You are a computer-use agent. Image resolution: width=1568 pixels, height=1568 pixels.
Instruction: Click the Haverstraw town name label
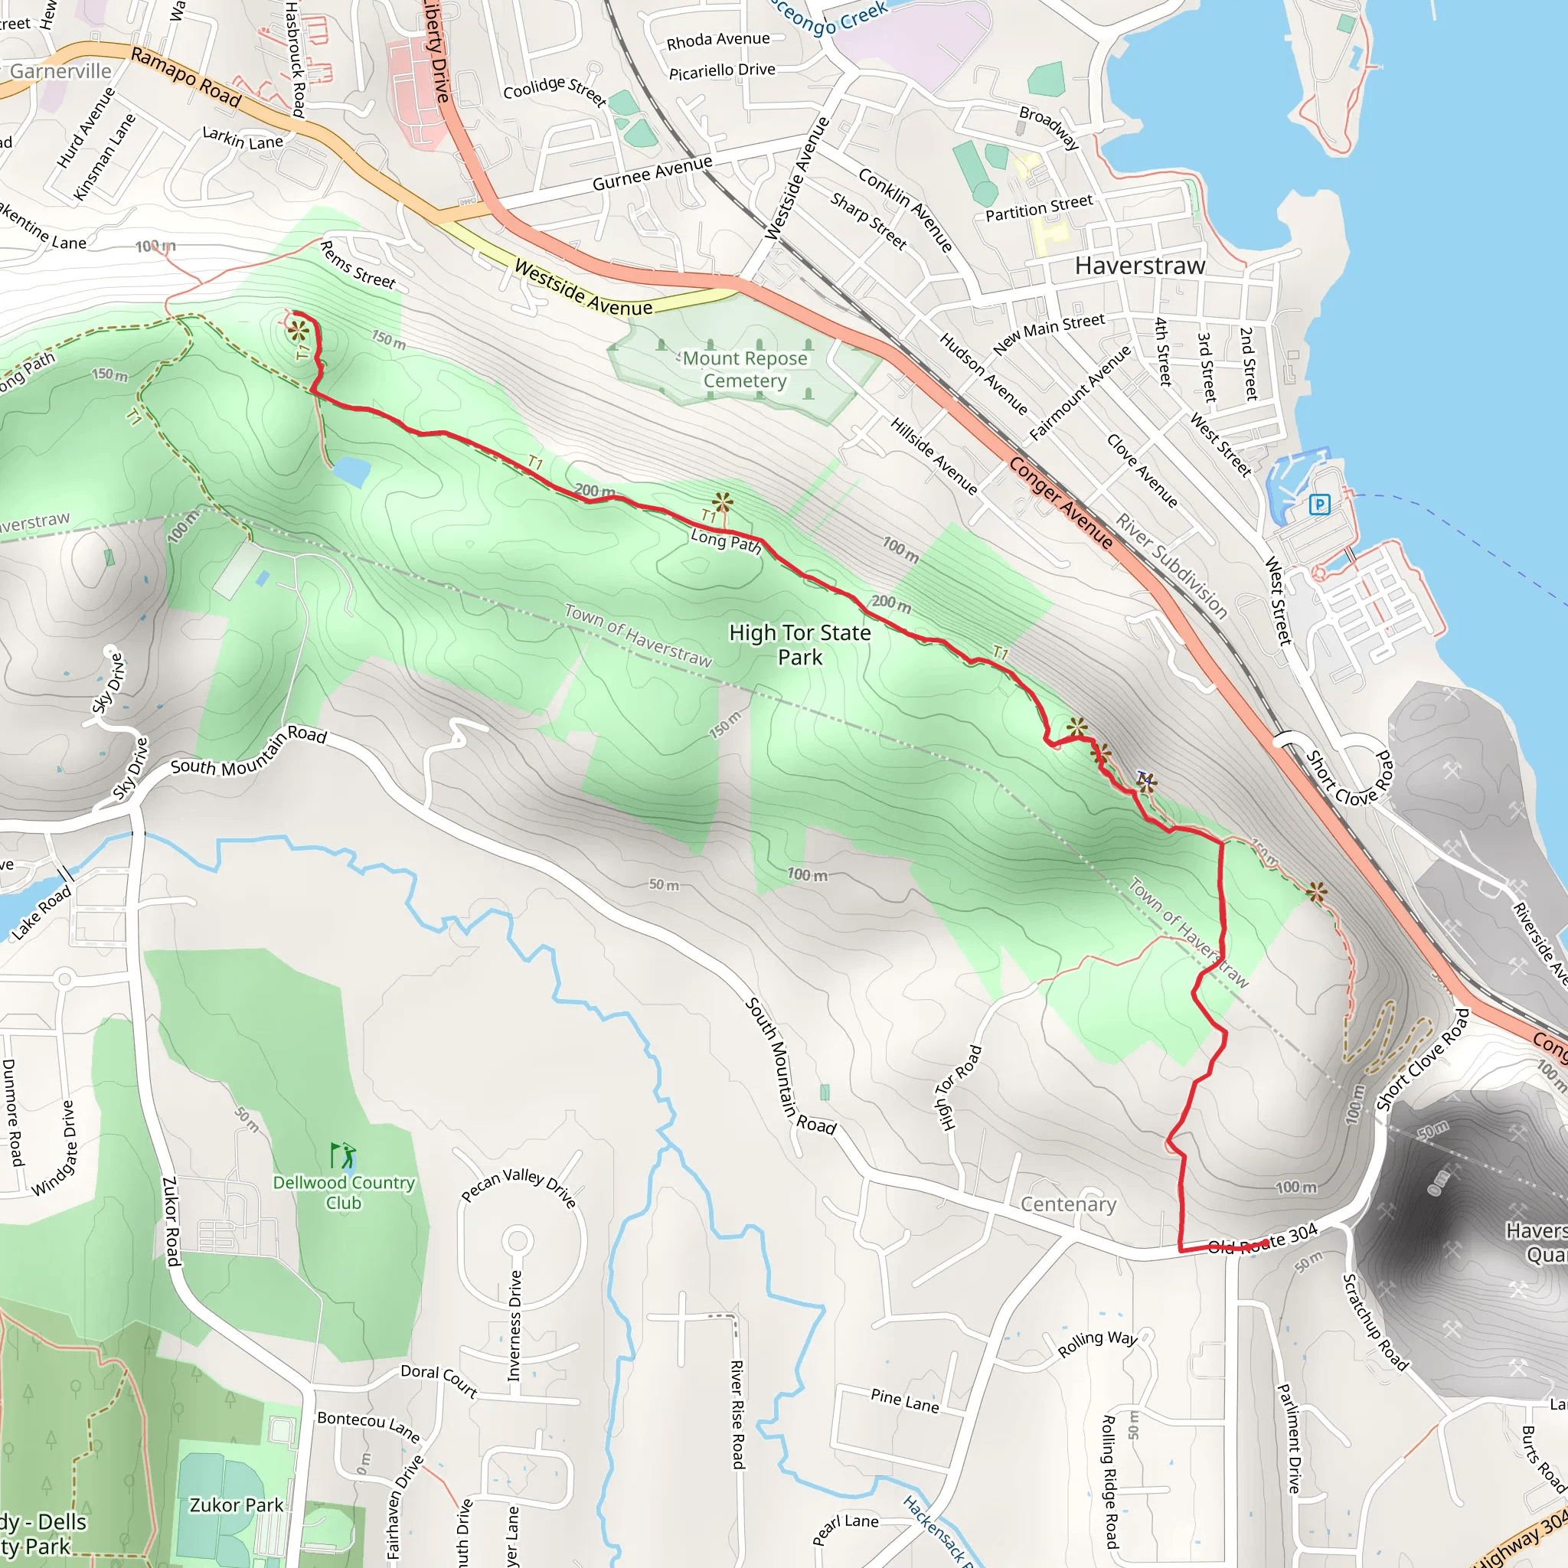pyautogui.click(x=1139, y=266)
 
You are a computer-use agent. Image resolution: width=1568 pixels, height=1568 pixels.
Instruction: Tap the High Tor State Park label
pyautogui.click(x=799, y=645)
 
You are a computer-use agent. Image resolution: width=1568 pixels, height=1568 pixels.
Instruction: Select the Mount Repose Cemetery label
pyautogui.click(x=744, y=369)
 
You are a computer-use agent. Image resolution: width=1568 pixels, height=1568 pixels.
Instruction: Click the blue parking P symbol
pyautogui.click(x=1320, y=505)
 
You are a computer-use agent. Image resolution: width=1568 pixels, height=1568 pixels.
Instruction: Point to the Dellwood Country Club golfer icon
pyautogui.click(x=343, y=1154)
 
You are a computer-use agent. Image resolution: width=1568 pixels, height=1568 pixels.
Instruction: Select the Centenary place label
pyautogui.click(x=1068, y=1204)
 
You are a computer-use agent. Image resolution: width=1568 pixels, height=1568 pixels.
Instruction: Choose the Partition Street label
pyautogui.click(x=1039, y=207)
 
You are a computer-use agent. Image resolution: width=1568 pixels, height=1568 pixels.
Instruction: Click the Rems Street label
pyautogui.click(x=357, y=266)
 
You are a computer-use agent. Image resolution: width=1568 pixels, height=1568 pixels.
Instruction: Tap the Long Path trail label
pyautogui.click(x=726, y=541)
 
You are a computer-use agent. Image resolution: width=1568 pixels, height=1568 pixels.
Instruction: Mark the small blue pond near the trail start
pyautogui.click(x=351, y=472)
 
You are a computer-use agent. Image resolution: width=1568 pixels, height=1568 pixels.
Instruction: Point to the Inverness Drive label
pyautogui.click(x=514, y=1325)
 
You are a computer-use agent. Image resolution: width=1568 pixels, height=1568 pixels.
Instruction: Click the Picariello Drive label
pyautogui.click(x=721, y=71)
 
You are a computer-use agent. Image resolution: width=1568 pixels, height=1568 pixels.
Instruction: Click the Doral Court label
pyautogui.click(x=439, y=1379)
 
